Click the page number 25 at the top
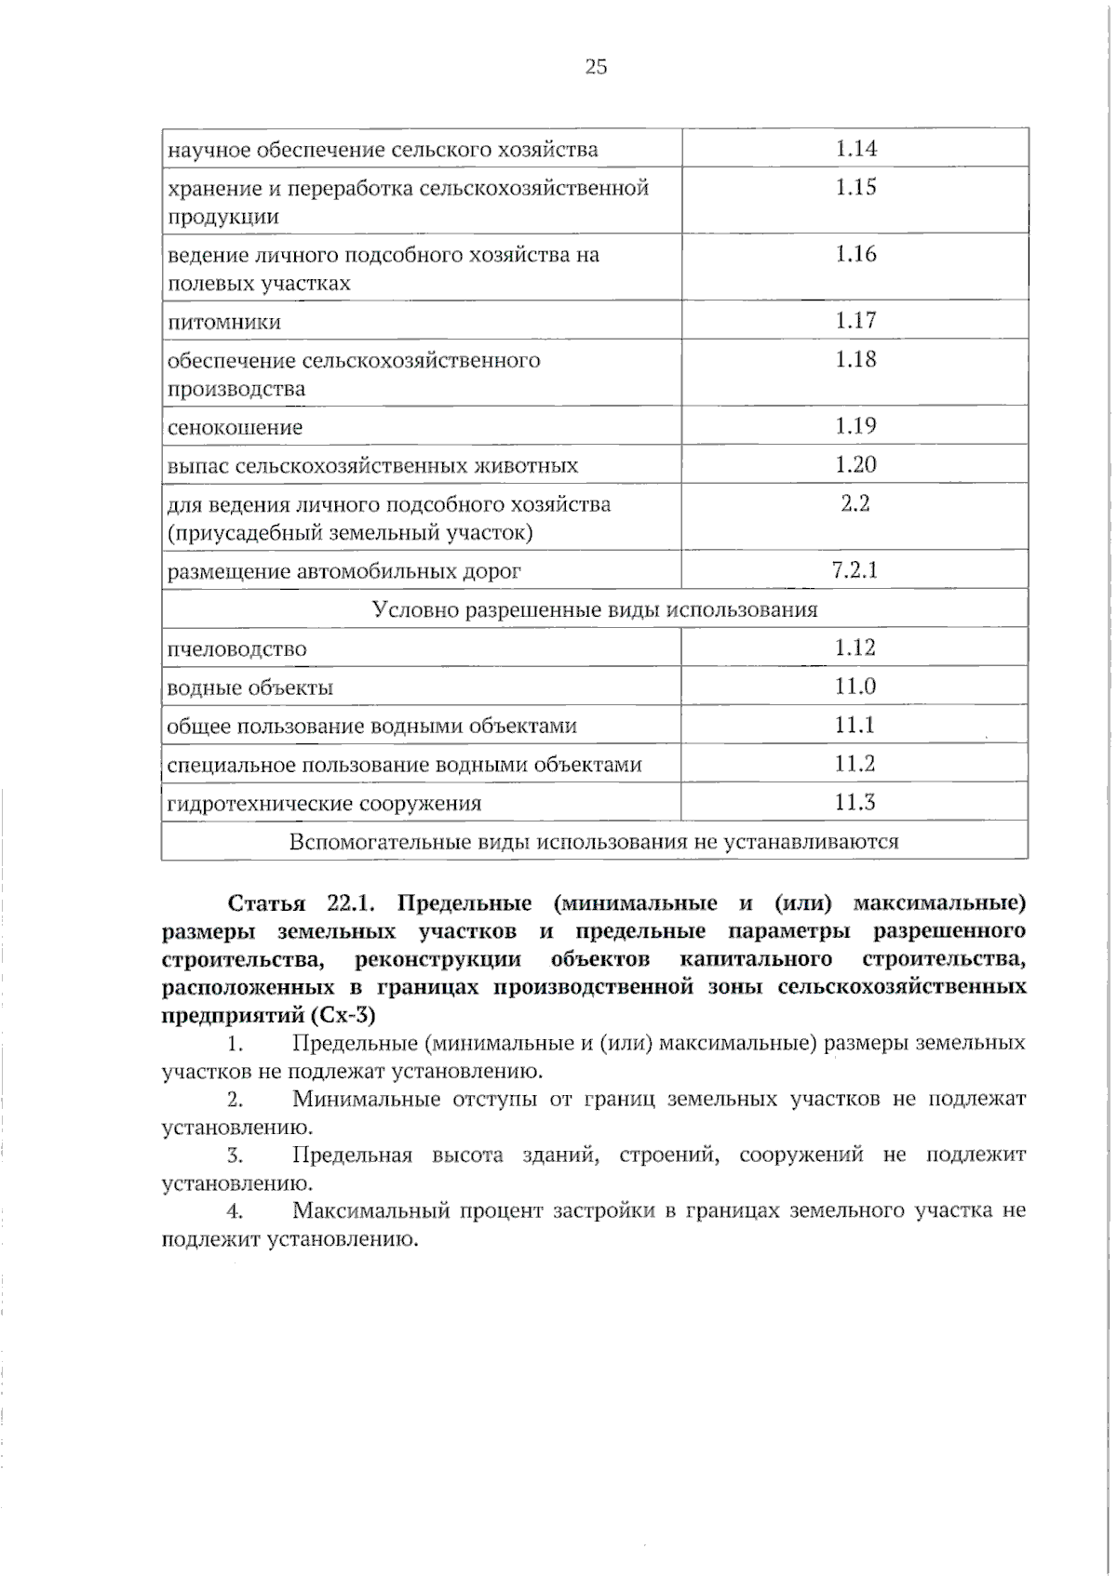(x=596, y=66)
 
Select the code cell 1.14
(x=855, y=148)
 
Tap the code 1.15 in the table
(x=855, y=187)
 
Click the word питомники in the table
(x=223, y=323)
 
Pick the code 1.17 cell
(x=855, y=321)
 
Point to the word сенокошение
(x=235, y=428)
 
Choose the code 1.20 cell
(x=855, y=464)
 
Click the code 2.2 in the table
(x=855, y=503)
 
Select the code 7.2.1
(x=855, y=569)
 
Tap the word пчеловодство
(x=236, y=649)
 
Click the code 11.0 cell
(x=855, y=687)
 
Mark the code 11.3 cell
(x=855, y=802)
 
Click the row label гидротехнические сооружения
(x=324, y=804)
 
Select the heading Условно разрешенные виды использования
(x=595, y=610)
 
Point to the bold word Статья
(x=266, y=904)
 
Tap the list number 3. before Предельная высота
(x=235, y=1155)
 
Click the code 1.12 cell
(x=855, y=648)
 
